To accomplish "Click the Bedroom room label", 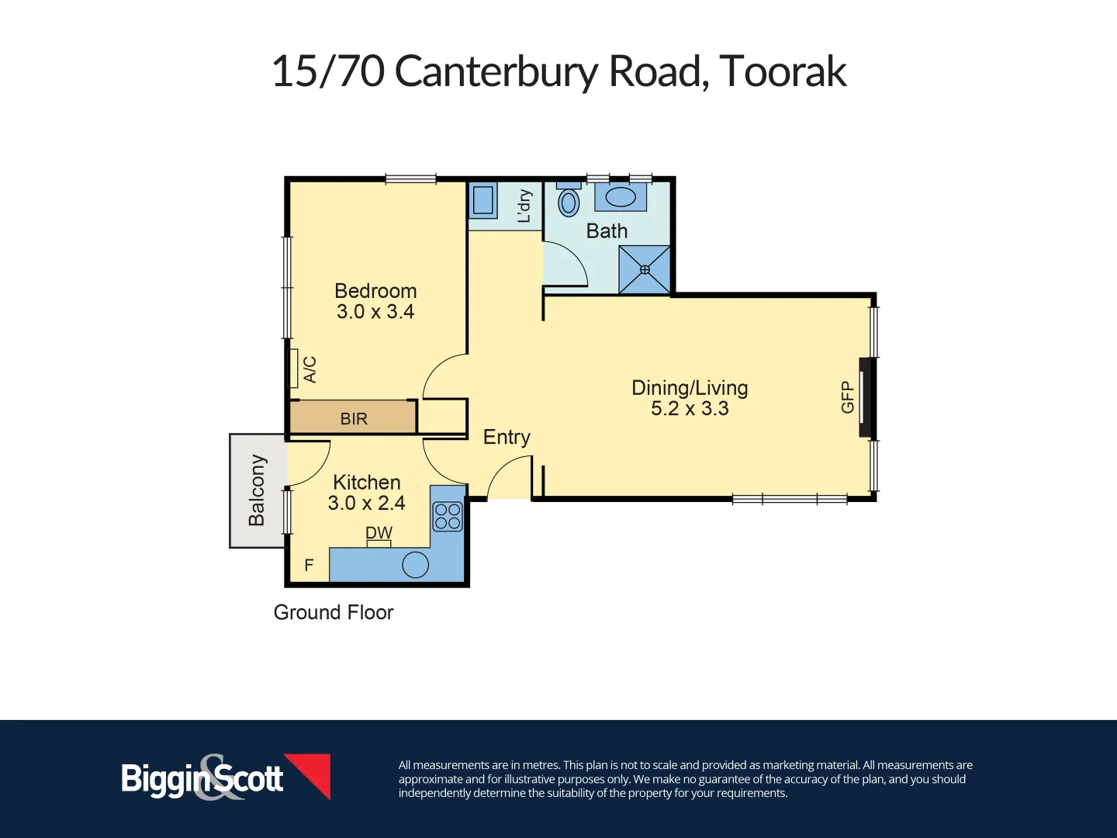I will click(375, 291).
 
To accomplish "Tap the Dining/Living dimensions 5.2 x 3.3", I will click(690, 409).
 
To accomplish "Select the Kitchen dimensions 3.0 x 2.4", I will click(366, 503).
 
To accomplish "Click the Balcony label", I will click(257, 490).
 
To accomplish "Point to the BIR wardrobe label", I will click(354, 419).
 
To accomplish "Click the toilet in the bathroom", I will click(569, 202).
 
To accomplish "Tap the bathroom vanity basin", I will click(621, 197).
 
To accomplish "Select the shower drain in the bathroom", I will click(645, 270).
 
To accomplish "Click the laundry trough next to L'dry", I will click(483, 200).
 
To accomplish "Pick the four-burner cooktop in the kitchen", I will click(448, 516).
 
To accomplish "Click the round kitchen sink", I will click(416, 564).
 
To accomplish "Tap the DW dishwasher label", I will click(379, 533).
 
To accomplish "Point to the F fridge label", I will click(309, 566).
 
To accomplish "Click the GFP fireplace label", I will click(847, 397).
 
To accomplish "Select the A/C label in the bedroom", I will click(310, 369).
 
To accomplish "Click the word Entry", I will click(507, 438).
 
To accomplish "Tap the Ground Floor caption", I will click(334, 612).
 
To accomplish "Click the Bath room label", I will click(607, 231).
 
